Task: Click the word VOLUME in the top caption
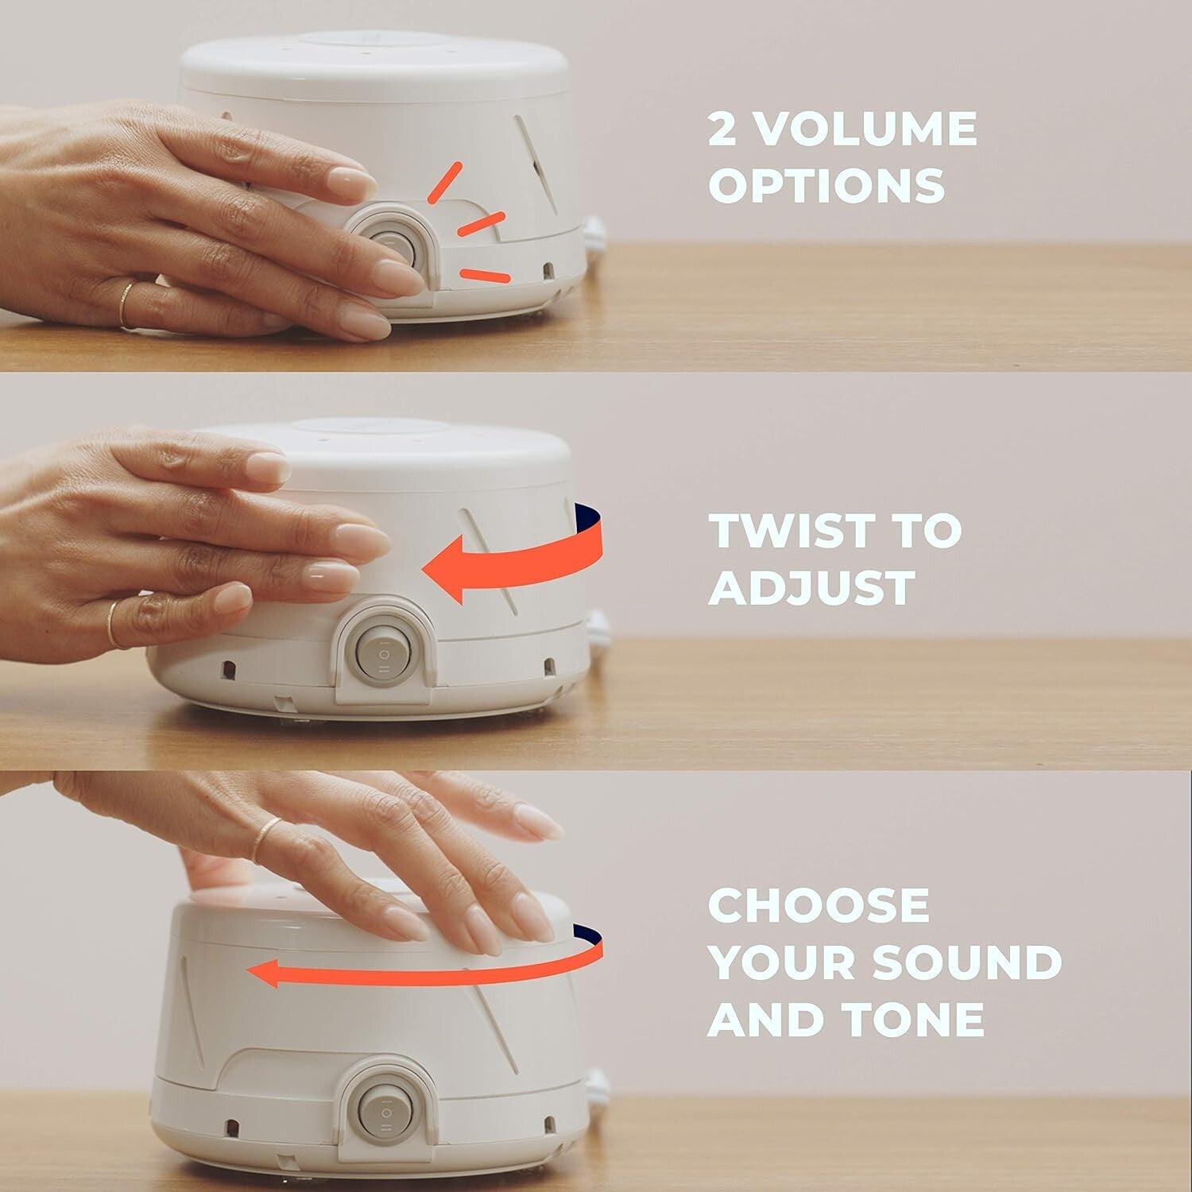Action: pos(865,129)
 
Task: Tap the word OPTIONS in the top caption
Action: pos(826,185)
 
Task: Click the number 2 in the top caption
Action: pos(722,129)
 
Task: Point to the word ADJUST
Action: pos(811,587)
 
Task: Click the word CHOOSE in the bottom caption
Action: pos(819,905)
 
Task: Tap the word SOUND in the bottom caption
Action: pos(967,962)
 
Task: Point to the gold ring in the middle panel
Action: pos(112,625)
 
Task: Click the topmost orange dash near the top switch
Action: pos(444,182)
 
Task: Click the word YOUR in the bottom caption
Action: pos(783,962)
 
